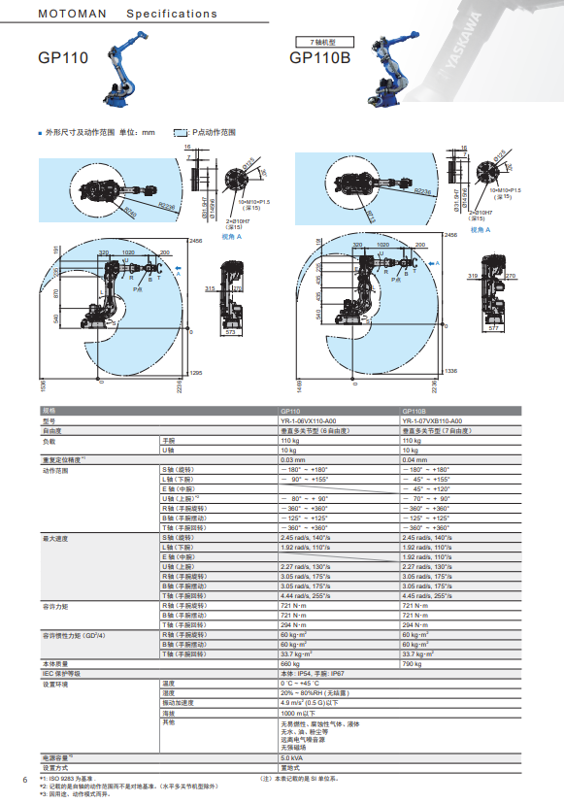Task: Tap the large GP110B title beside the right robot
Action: coord(319,58)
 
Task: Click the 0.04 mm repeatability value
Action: coord(415,459)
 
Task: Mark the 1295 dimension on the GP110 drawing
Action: coord(195,373)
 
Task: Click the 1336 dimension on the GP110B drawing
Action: coord(449,371)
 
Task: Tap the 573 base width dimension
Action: coord(231,332)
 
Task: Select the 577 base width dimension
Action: coord(492,328)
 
